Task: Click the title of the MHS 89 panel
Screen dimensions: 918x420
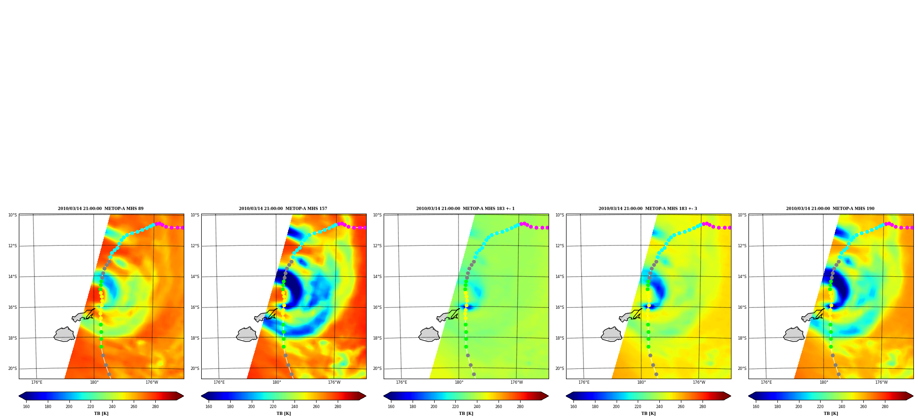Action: [x=101, y=209]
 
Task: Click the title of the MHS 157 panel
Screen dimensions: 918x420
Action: [x=283, y=209]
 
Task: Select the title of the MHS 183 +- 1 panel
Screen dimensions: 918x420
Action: [x=465, y=209]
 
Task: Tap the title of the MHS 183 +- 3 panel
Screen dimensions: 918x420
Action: [x=648, y=209]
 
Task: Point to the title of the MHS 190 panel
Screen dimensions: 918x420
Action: [x=830, y=209]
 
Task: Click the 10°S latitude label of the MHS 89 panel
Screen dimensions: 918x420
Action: [x=12, y=215]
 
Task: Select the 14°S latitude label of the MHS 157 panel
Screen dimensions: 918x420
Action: [x=195, y=277]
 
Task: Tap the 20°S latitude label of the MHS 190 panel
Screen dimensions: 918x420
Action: [x=742, y=369]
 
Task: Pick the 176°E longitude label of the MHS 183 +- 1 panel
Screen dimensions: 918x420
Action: [x=402, y=382]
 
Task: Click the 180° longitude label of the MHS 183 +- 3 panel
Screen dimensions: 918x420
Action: [x=641, y=382]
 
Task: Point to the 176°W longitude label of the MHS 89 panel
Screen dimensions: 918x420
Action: [x=152, y=382]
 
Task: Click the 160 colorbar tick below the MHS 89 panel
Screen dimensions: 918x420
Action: [x=26, y=407]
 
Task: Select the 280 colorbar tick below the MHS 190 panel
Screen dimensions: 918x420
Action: [x=885, y=407]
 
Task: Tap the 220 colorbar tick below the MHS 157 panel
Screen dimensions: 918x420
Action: [x=273, y=407]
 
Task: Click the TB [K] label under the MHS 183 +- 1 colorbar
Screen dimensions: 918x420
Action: [x=466, y=414]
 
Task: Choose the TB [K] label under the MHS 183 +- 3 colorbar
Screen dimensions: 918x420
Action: [x=648, y=414]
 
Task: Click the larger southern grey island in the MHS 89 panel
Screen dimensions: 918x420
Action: [x=64, y=335]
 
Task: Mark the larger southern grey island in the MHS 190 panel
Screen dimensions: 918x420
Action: [x=794, y=335]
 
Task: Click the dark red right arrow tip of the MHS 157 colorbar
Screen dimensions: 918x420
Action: [x=363, y=396]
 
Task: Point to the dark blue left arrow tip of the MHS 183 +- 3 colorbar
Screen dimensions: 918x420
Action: [x=570, y=396]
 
